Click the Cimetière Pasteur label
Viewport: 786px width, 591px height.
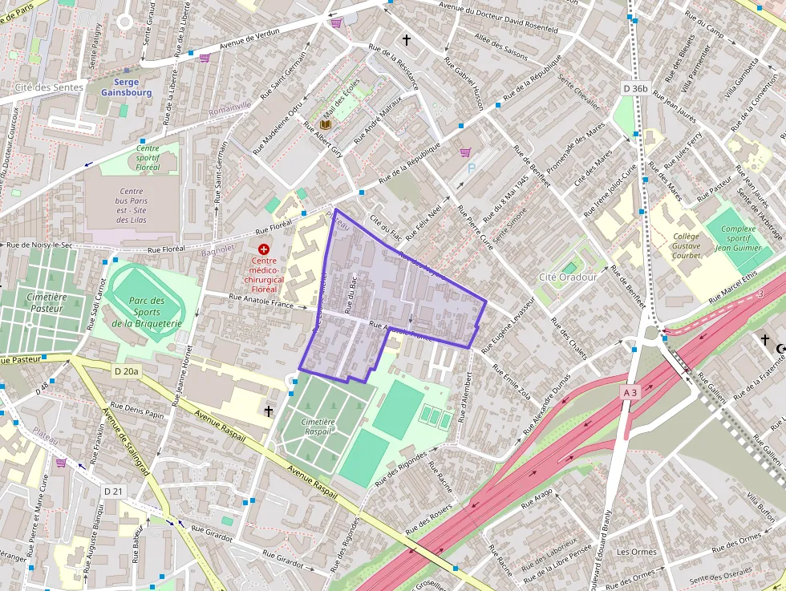(47, 302)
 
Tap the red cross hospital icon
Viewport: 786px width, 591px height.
(264, 250)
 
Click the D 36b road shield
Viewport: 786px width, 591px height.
(634, 87)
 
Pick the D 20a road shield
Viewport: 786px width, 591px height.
(126, 370)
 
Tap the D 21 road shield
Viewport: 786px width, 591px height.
(114, 490)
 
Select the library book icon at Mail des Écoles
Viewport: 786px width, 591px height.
(325, 125)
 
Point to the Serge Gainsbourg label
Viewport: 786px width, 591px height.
(126, 87)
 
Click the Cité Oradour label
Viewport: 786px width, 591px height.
(568, 277)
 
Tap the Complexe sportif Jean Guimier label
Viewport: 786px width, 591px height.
(738, 238)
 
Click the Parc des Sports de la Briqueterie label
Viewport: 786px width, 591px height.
(148, 312)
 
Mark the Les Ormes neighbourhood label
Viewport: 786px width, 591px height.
(636, 552)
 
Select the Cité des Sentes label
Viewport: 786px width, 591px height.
(49, 86)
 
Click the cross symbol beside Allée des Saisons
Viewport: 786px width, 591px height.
(406, 39)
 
